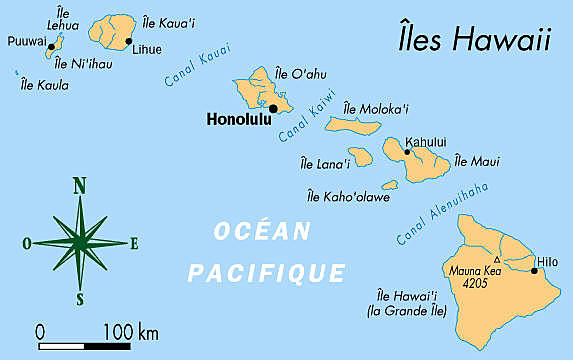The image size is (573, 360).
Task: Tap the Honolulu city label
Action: (237, 119)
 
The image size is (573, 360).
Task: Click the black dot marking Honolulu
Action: (273, 108)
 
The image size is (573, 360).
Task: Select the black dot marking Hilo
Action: (534, 270)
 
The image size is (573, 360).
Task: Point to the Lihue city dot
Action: (129, 41)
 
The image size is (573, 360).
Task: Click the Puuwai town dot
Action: (51, 46)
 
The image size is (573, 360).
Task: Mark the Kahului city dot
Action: (407, 152)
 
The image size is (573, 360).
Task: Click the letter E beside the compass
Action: (134, 242)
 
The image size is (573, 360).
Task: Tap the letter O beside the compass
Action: (26, 242)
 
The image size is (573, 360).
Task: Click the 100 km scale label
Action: (131, 330)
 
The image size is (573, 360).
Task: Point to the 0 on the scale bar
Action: (40, 330)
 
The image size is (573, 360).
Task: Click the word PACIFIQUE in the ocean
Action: (266, 272)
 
